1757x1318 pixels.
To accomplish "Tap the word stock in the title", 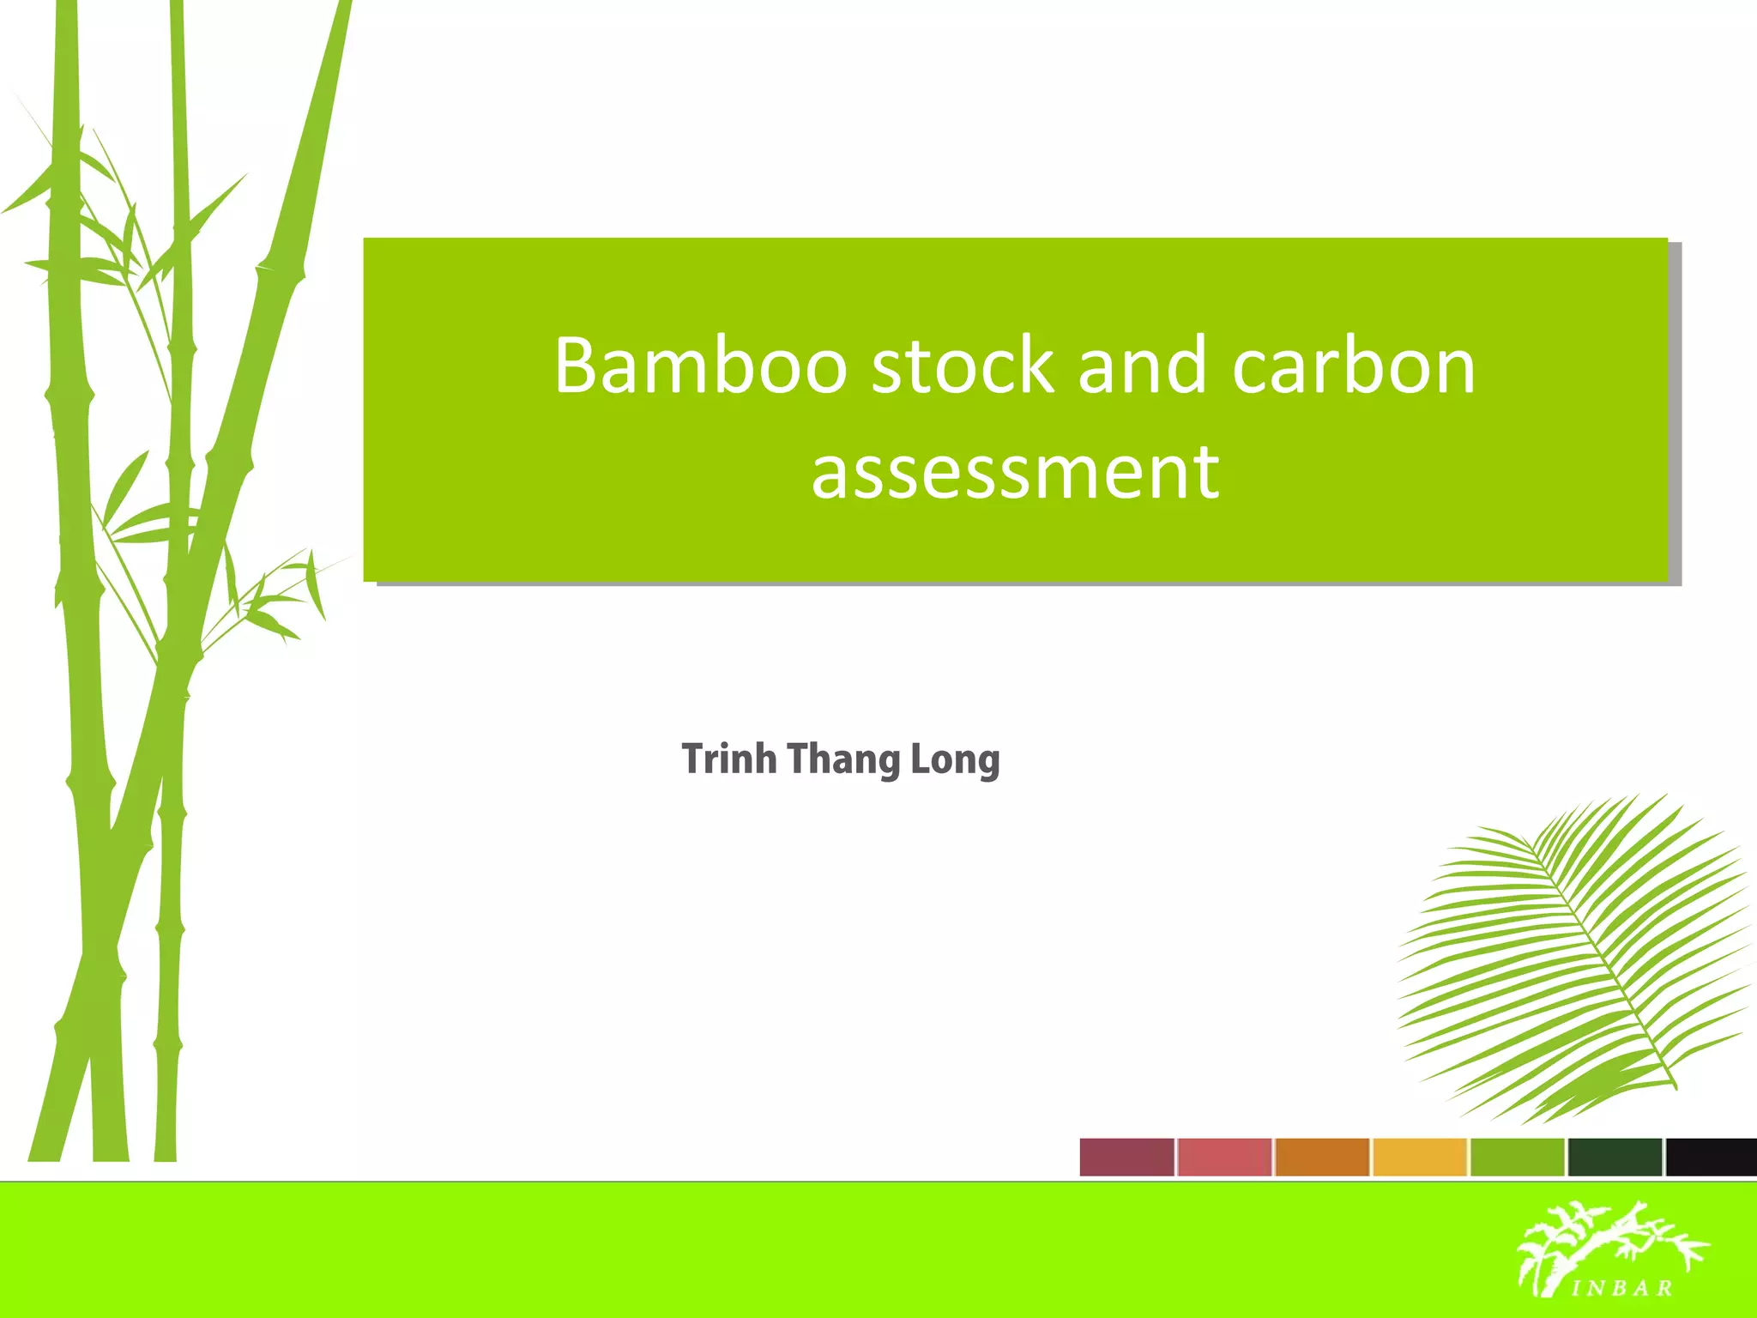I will coord(963,366).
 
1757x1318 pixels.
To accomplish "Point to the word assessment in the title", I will coord(1015,472).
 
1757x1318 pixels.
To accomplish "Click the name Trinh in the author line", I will coord(729,759).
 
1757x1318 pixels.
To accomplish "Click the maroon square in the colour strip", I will coord(1126,1157).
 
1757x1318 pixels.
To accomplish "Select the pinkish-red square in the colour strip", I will coord(1224,1157).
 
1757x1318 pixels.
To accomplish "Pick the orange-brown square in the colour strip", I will coord(1322,1157).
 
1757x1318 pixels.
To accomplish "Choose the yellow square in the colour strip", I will coord(1420,1157).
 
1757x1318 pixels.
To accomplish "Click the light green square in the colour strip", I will coord(1518,1157).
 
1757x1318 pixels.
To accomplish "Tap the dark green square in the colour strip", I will coord(1615,1157).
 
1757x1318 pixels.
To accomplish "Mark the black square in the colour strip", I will coord(1712,1157).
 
